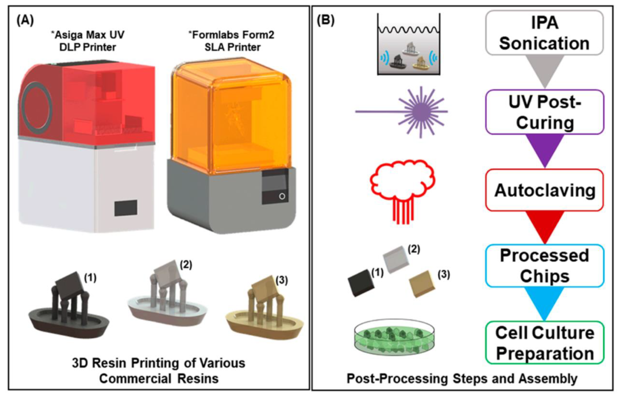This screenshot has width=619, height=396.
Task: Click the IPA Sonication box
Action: pyautogui.click(x=544, y=33)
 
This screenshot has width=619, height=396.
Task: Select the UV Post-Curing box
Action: pyautogui.click(x=545, y=112)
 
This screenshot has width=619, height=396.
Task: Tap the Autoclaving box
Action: pyautogui.click(x=544, y=190)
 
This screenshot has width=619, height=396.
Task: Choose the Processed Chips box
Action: pyautogui.click(x=544, y=266)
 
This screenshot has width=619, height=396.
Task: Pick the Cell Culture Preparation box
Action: pyautogui.click(x=544, y=343)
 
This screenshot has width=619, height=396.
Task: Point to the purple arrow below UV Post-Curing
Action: pyautogui.click(x=545, y=149)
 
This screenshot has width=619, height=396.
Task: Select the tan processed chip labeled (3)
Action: pyautogui.click(x=422, y=284)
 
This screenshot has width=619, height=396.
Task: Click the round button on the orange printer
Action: pyautogui.click(x=282, y=196)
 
